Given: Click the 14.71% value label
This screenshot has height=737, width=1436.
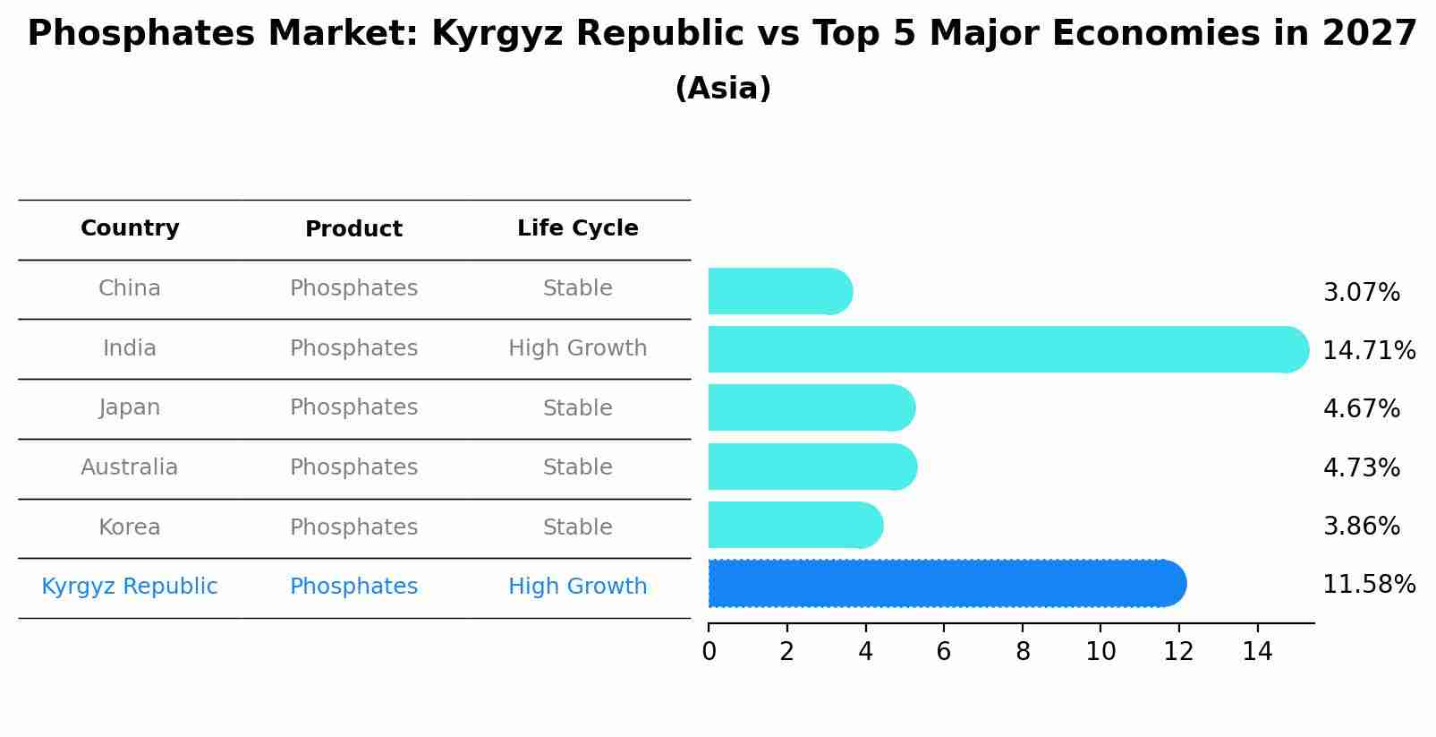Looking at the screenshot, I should (x=1369, y=350).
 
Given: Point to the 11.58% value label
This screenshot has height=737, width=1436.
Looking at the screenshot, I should (x=1369, y=585).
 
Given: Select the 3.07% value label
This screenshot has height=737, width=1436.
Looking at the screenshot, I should (x=1361, y=293).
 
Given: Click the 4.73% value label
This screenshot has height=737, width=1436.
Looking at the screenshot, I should (x=1361, y=467).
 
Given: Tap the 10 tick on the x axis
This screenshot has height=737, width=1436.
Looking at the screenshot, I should (x=1100, y=652).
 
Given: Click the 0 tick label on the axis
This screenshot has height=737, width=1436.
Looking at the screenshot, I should (x=709, y=652).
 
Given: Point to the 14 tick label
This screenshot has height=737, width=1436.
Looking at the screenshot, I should (x=1257, y=652).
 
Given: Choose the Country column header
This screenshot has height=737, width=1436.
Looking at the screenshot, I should (x=130, y=228).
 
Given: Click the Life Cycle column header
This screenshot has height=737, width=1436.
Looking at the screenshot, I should (x=577, y=228).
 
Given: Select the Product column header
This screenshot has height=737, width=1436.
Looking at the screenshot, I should (x=353, y=229).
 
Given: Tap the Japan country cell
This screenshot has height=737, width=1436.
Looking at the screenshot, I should (x=130, y=407).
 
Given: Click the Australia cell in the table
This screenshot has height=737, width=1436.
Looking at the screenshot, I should (x=130, y=467).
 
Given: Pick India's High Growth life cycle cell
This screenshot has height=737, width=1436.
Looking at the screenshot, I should (x=577, y=348).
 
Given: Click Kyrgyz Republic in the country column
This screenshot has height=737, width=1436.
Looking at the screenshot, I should (x=130, y=587).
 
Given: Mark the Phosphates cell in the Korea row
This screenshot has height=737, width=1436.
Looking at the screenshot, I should (x=353, y=527).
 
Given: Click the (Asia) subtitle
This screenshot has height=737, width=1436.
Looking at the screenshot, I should (x=723, y=89).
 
